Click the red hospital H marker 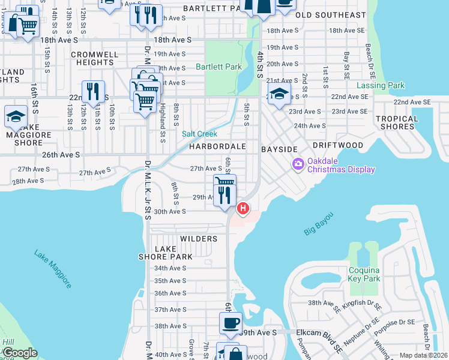(243, 209)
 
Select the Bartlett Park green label (219, 67)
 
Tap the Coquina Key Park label (364, 274)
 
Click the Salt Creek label (200, 134)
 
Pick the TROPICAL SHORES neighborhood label (397, 123)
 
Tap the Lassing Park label (380, 86)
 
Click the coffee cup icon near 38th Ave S (230, 323)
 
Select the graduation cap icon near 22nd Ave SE (279, 93)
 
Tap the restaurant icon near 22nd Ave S (92, 91)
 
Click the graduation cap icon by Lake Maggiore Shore (16, 116)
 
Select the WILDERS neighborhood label (199, 239)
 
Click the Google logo (20, 353)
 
